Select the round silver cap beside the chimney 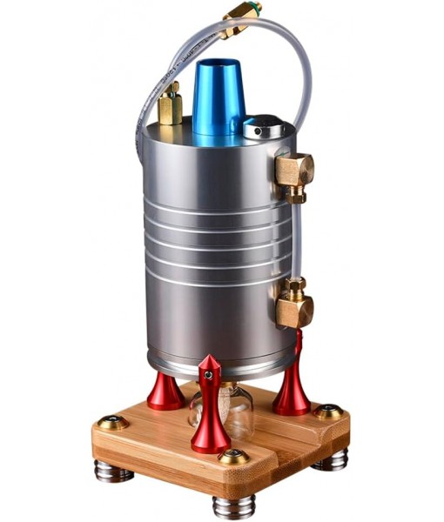tap(263, 130)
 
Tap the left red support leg tap(165, 391)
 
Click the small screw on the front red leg tap(207, 374)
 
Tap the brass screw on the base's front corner tap(233, 457)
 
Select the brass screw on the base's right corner tap(329, 412)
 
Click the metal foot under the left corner tap(114, 472)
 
